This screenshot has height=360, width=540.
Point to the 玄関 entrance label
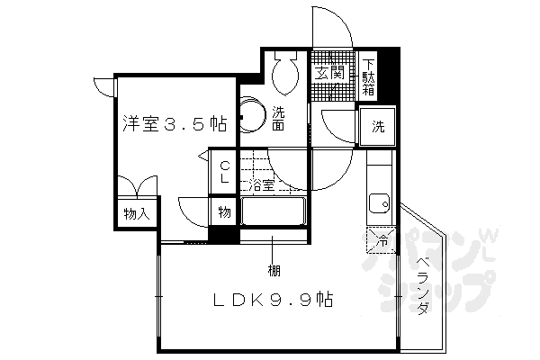pyautogui.click(x=330, y=73)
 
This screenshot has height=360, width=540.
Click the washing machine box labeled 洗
pyautogui.click(x=378, y=126)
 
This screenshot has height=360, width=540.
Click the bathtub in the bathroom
pyautogui.click(x=274, y=213)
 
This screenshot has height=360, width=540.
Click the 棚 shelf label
pyautogui.click(x=271, y=270)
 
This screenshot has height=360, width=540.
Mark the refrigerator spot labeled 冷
pyautogui.click(x=381, y=239)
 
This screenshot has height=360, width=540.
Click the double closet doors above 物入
pyautogui.click(x=137, y=189)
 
